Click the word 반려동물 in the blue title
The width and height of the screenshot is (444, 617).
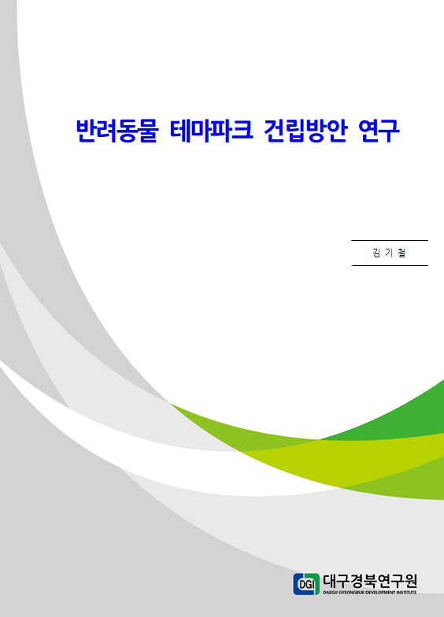click(x=117, y=131)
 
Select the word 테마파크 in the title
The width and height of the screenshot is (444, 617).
click(x=211, y=131)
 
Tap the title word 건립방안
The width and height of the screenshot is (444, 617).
click(x=305, y=131)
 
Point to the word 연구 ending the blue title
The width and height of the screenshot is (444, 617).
click(x=379, y=131)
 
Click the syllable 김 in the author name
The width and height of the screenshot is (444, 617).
click(x=376, y=253)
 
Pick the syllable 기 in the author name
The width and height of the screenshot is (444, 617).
click(x=389, y=253)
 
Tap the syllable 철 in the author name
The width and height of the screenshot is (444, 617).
click(x=401, y=253)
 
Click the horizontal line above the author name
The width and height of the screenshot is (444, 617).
click(x=389, y=240)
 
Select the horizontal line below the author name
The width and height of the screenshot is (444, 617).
click(x=390, y=266)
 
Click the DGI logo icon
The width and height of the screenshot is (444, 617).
click(x=306, y=584)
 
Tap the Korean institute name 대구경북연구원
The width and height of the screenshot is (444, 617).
click(x=370, y=581)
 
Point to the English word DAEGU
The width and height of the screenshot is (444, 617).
click(x=331, y=592)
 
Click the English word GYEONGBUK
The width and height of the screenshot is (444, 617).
click(x=351, y=592)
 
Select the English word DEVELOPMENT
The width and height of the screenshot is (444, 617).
click(x=381, y=592)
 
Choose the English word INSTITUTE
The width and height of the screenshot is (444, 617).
click(x=407, y=592)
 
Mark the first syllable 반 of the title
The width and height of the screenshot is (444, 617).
click(x=86, y=131)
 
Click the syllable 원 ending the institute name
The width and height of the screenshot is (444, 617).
click(x=410, y=581)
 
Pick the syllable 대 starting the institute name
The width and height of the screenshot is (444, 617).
click(x=330, y=581)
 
